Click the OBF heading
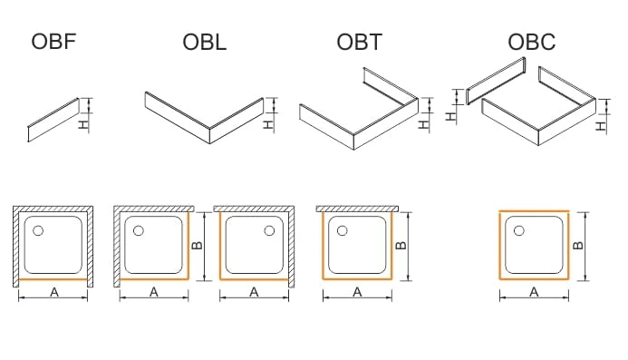click(x=53, y=42)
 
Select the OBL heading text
click(x=204, y=42)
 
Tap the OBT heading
click(x=359, y=42)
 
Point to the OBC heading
click(x=531, y=42)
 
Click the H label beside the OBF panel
click(x=82, y=125)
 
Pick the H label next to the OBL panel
click(x=268, y=125)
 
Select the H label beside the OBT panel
click(x=423, y=125)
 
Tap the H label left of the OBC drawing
click(x=451, y=117)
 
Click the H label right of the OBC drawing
click(x=601, y=127)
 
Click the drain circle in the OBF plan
click(x=38, y=230)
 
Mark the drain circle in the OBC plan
click(x=518, y=230)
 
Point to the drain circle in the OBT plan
click(x=342, y=230)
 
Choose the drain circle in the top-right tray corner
click(x=269, y=230)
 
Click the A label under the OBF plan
click(x=54, y=293)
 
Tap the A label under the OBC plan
click(x=534, y=293)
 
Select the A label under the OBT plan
click(x=357, y=293)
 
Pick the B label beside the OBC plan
click(x=578, y=246)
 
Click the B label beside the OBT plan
click(x=401, y=246)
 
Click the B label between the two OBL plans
click(x=197, y=246)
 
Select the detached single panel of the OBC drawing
click(x=496, y=81)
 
